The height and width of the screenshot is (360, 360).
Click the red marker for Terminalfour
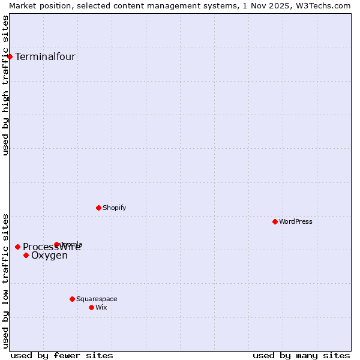click(10, 56)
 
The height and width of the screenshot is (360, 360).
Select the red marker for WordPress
click(275, 221)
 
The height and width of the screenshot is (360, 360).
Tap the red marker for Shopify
click(98, 208)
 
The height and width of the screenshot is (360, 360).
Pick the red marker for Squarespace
click(72, 299)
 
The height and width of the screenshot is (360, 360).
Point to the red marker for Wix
click(91, 307)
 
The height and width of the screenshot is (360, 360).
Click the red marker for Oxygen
click(26, 255)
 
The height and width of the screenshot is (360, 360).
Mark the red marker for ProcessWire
click(17, 247)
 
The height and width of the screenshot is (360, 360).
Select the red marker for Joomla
click(56, 244)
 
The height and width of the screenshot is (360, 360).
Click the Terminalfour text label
click(45, 57)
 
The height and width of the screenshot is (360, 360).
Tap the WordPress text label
click(296, 221)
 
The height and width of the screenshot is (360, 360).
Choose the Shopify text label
click(114, 208)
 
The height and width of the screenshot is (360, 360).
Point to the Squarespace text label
click(97, 299)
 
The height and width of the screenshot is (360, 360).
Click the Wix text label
click(101, 307)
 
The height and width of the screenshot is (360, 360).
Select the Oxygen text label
click(49, 256)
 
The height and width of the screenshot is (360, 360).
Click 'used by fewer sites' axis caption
click(62, 355)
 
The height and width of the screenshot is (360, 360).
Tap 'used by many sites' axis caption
click(301, 355)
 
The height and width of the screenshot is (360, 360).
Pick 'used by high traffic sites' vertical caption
click(6, 85)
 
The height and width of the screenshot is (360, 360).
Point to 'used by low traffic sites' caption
click(6, 280)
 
